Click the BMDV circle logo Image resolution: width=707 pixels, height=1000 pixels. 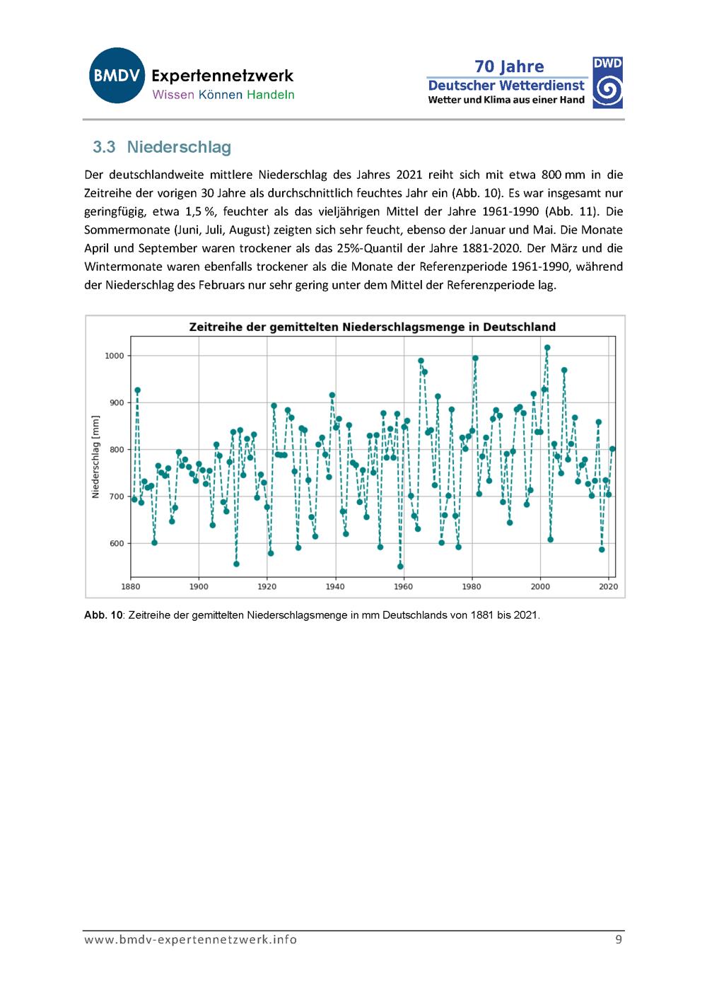[117, 76]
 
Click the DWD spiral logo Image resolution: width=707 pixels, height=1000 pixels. [607, 83]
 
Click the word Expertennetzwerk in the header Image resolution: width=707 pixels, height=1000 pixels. [222, 76]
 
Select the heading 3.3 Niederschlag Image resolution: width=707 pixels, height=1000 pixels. [162, 147]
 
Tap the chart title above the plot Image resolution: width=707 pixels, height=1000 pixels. [373, 327]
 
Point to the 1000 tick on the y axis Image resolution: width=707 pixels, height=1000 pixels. [115, 356]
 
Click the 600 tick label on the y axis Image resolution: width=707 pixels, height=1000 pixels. [117, 543]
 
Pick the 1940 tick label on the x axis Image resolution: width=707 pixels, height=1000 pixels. [335, 586]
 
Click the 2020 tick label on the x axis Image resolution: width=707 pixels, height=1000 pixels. [608, 586]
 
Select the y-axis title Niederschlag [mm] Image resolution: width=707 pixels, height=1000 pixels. [95, 457]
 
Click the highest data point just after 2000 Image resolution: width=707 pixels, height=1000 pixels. [547, 347]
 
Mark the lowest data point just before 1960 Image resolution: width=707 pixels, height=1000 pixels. [400, 566]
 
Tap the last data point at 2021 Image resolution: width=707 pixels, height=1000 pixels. [612, 448]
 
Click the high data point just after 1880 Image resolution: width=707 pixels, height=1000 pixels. [137, 390]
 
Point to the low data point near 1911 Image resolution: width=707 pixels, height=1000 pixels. [237, 564]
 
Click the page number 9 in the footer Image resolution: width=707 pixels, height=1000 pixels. [619, 939]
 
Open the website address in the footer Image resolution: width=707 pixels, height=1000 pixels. [191, 940]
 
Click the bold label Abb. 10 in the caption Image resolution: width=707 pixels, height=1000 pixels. [103, 615]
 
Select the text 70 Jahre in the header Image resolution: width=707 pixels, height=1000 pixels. [509, 66]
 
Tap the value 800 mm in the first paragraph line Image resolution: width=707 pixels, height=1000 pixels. [563, 174]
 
